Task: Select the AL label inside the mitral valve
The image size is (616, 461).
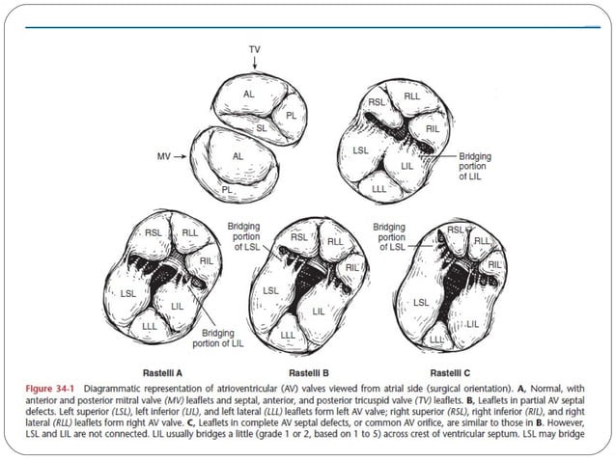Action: (238, 154)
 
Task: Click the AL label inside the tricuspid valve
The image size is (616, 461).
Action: (249, 95)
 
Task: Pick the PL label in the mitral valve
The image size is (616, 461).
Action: (228, 190)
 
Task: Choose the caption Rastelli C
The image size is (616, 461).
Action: (453, 372)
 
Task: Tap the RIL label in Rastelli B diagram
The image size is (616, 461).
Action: (352, 266)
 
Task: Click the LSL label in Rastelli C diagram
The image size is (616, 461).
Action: (421, 302)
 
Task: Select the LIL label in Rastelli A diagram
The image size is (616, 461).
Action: (176, 306)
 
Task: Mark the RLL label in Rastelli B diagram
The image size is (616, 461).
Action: (336, 242)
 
